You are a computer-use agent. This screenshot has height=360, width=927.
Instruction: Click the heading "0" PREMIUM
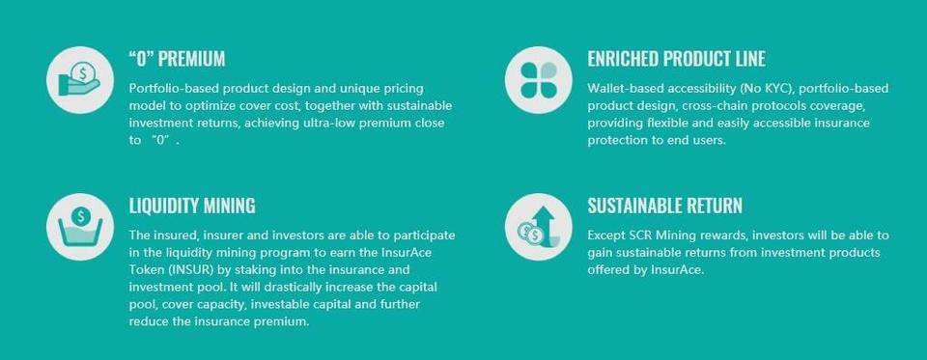177,59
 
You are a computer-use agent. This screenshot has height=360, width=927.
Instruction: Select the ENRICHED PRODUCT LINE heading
676,59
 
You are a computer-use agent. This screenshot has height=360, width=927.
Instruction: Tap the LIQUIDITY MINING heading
191,206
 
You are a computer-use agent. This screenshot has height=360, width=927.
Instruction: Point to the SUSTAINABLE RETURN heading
664,206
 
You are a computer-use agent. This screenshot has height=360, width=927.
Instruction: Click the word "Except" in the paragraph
607,235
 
